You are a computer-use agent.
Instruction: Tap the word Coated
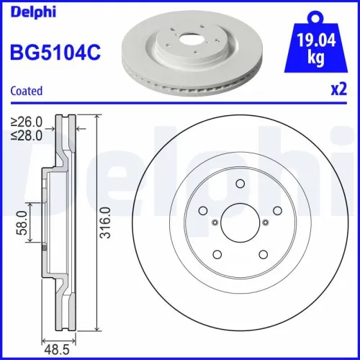[x=27, y=91]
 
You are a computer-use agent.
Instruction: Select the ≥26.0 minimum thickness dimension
[x=27, y=122]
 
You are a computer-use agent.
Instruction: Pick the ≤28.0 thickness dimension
[x=27, y=134]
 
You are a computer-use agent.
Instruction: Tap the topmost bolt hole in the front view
[x=238, y=184]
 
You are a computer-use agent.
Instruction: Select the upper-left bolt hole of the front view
[x=202, y=211]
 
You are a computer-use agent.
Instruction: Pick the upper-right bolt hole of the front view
[x=274, y=211]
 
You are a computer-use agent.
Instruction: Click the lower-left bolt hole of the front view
[x=216, y=253]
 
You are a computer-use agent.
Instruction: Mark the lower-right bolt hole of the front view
[x=261, y=253]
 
